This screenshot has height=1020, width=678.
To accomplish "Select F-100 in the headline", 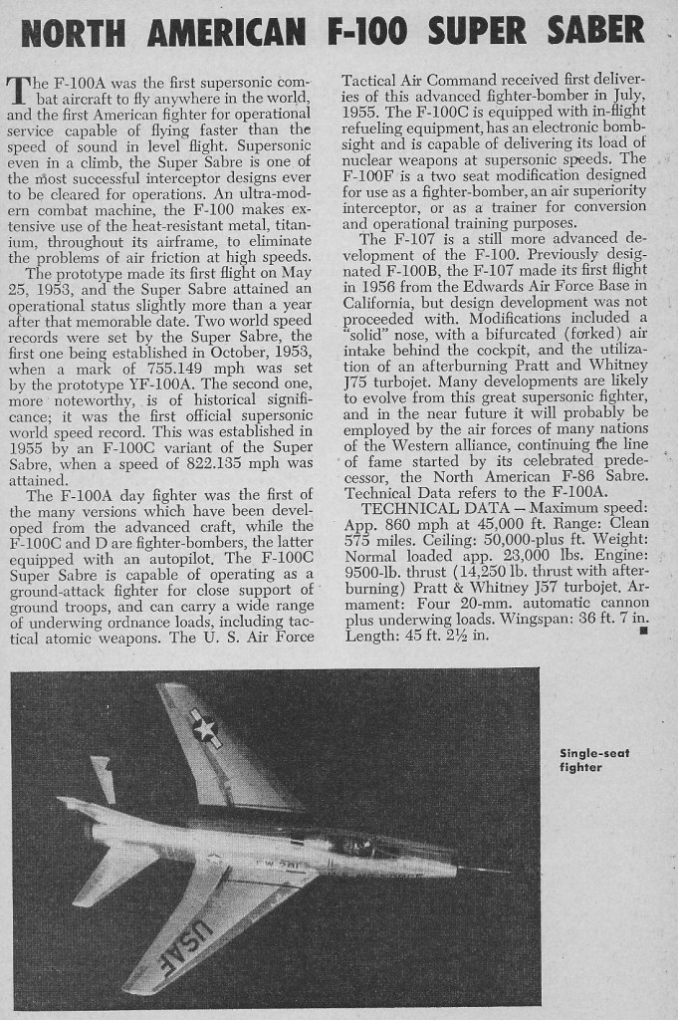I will (365, 33).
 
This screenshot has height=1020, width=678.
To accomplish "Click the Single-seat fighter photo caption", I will (594, 760).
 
